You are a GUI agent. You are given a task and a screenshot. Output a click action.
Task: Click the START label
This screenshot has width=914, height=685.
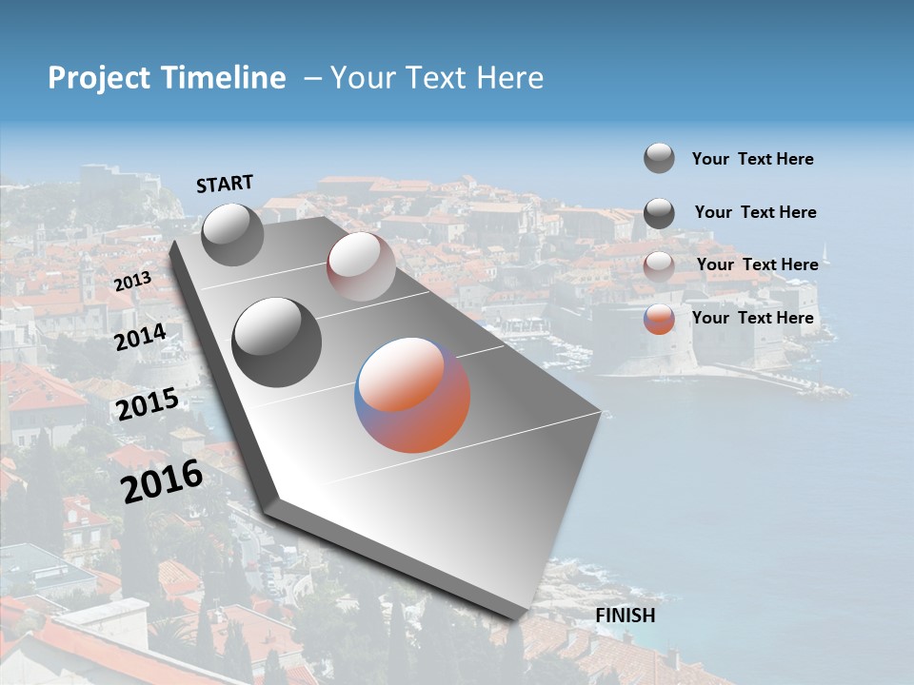225,183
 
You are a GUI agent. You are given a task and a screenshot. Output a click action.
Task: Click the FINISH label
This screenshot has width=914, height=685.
626,615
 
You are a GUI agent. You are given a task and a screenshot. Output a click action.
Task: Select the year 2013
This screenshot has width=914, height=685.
132,282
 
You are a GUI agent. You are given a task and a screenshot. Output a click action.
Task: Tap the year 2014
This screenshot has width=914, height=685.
141,338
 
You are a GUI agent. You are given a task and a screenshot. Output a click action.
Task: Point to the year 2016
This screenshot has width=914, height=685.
162,480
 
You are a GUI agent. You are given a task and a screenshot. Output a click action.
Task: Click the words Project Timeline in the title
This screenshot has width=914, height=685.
167,78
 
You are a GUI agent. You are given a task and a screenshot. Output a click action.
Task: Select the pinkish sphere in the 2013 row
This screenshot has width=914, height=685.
360,266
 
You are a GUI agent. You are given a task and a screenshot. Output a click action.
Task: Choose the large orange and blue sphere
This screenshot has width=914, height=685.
412,395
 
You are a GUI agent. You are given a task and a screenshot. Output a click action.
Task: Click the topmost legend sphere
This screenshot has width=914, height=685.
659,158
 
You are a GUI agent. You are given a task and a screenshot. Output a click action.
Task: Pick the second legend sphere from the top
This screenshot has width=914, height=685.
659,212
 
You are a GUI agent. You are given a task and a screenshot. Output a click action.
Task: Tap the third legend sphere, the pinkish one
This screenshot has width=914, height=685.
659,265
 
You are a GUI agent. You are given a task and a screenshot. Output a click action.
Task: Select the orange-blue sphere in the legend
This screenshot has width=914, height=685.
659,319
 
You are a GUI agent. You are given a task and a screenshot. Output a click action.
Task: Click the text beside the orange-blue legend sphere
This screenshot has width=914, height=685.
752,318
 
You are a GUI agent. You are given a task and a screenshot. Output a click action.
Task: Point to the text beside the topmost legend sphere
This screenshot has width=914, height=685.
752,159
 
